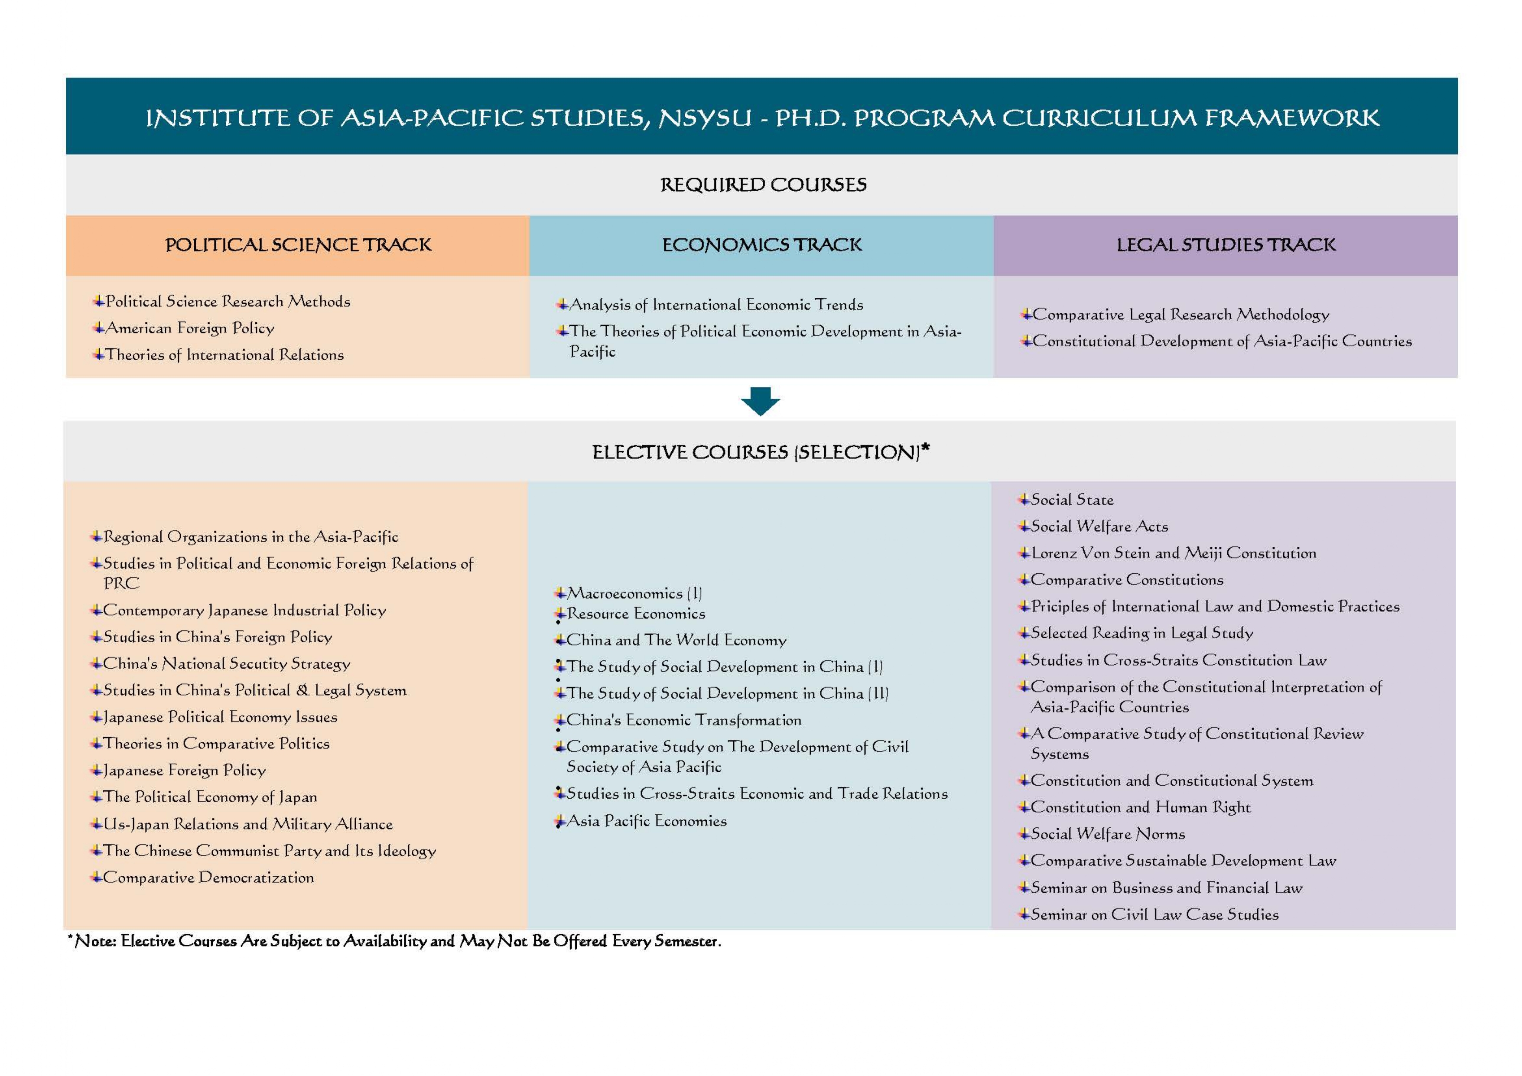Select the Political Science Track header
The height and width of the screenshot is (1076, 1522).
(x=298, y=245)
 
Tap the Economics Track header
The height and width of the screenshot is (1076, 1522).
(x=762, y=245)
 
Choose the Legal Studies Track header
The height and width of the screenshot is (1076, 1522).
(x=1226, y=245)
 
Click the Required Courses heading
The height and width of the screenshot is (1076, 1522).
(x=763, y=185)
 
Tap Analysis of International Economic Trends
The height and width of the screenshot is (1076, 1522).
(x=716, y=305)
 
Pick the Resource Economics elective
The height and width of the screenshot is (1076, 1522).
(x=636, y=614)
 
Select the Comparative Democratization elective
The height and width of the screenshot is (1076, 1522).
(x=208, y=878)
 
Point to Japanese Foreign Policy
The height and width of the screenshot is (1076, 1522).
(x=184, y=770)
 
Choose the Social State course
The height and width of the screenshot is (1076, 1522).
(x=1072, y=500)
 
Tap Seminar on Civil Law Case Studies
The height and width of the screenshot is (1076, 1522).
(x=1154, y=915)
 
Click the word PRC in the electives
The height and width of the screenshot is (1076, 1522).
(x=121, y=583)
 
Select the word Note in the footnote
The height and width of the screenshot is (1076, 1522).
(x=95, y=941)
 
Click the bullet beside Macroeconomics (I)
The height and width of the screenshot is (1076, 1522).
(x=560, y=593)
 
